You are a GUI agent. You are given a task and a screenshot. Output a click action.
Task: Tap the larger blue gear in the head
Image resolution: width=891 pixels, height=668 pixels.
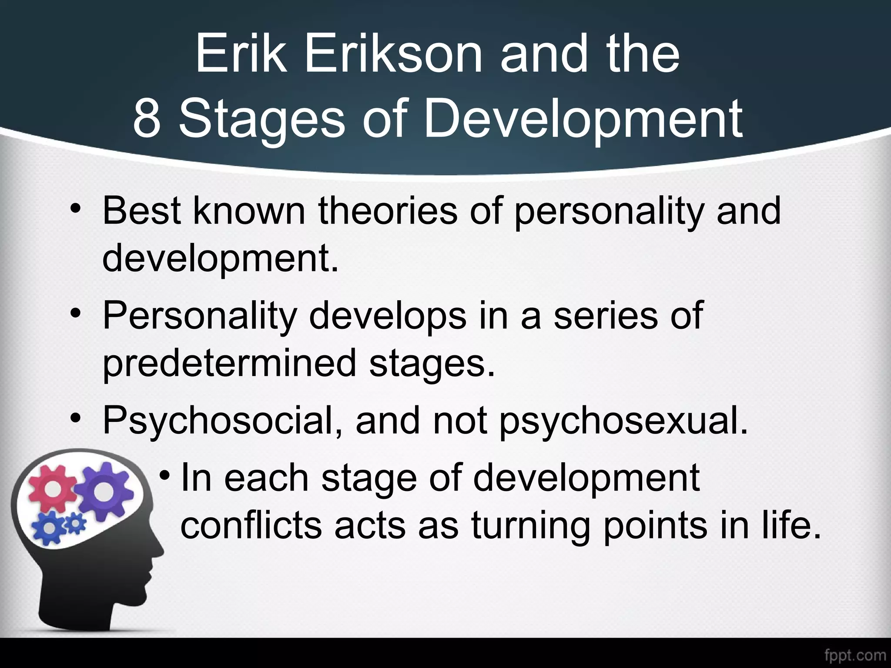pyautogui.click(x=50, y=528)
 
